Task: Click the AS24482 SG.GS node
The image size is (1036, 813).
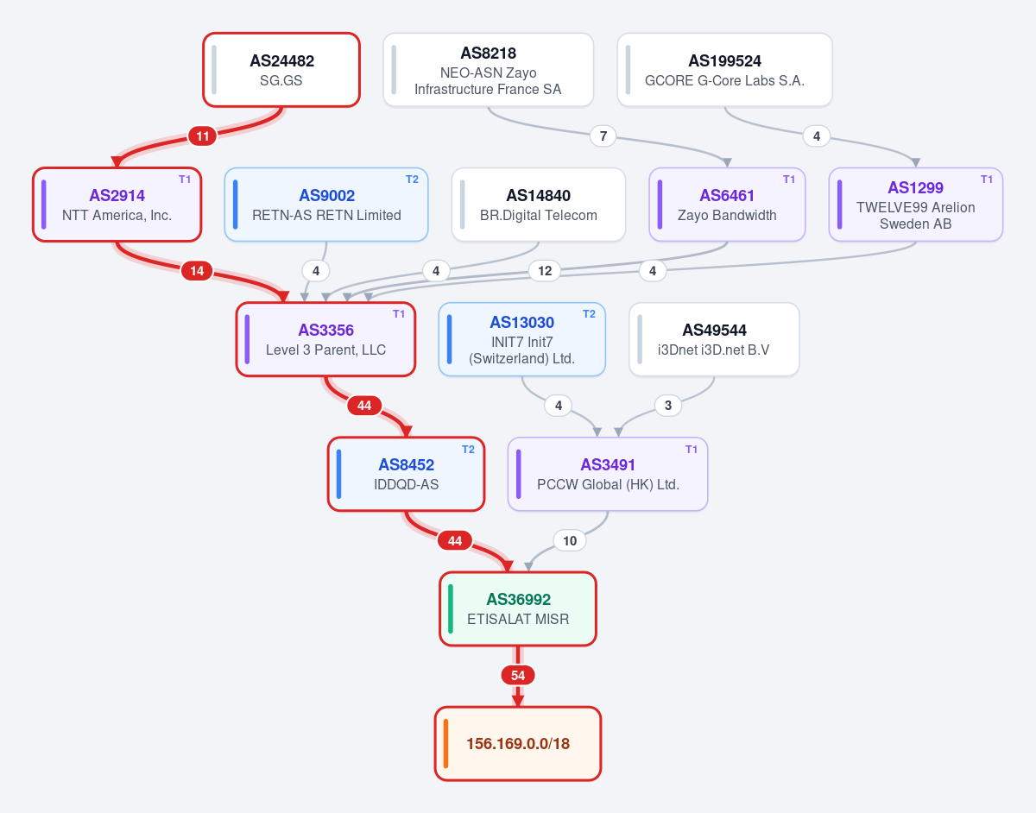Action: click(281, 70)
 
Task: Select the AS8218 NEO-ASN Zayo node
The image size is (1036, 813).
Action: click(488, 70)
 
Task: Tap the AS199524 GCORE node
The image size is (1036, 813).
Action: click(724, 70)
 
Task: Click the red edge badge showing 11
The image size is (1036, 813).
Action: click(203, 136)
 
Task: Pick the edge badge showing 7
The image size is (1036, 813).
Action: click(603, 136)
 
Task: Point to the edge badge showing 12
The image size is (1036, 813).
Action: click(545, 271)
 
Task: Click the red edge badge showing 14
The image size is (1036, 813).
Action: click(197, 271)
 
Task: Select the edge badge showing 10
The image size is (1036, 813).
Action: click(570, 541)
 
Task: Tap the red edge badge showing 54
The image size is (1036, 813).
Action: click(518, 675)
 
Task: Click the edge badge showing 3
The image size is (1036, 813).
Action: click(668, 406)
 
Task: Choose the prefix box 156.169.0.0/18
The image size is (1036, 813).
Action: click(518, 743)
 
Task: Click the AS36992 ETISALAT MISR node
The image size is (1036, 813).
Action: click(518, 609)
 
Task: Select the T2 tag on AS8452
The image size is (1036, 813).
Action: click(468, 450)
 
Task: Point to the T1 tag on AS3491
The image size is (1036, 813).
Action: click(692, 450)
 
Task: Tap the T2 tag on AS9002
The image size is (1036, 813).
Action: click(412, 180)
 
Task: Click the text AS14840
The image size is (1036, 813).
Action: click(538, 195)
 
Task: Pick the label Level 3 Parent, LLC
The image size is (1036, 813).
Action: click(325, 350)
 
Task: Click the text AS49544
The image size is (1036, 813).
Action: click(714, 330)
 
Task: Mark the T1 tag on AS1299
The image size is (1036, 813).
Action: click(987, 180)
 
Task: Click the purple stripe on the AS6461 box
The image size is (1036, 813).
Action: click(660, 205)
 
